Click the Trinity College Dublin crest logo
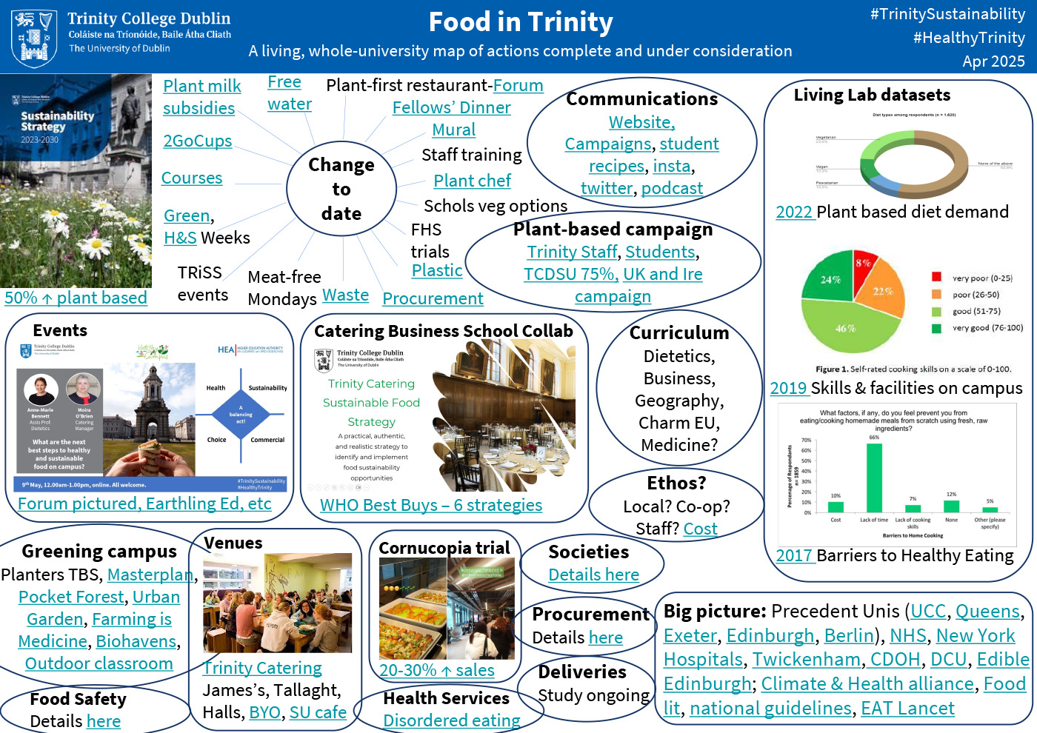(x=34, y=38)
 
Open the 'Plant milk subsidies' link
(x=201, y=97)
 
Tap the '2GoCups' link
(x=197, y=141)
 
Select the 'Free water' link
(x=289, y=93)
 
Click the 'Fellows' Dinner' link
(x=451, y=107)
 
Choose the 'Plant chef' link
(x=472, y=181)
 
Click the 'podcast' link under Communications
(x=672, y=188)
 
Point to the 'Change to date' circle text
(x=341, y=189)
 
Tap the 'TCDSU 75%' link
(x=570, y=274)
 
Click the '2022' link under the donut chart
(x=794, y=212)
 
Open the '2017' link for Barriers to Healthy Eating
(x=794, y=555)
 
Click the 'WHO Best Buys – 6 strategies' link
(x=430, y=505)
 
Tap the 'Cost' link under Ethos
(x=700, y=529)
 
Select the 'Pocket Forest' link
(x=71, y=597)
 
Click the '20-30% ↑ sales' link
(x=436, y=670)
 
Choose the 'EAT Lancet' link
(x=907, y=709)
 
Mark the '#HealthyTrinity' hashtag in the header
(x=969, y=38)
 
